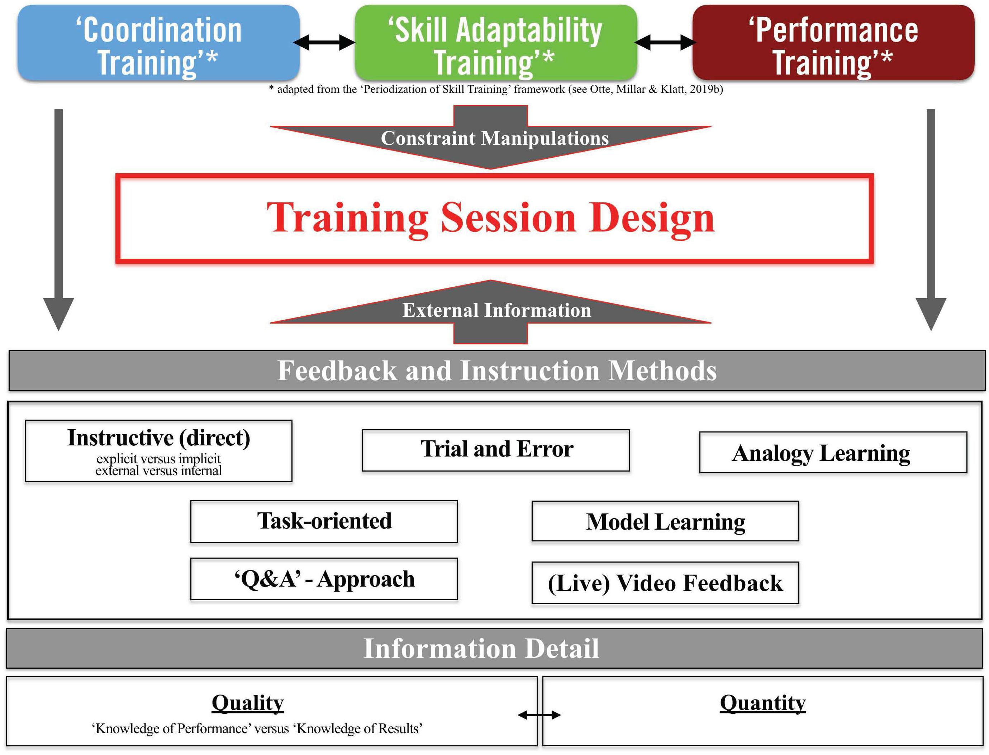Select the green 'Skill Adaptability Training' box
496,43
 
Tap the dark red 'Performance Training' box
833,43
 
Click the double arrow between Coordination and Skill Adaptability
324,43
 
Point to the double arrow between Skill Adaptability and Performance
665,43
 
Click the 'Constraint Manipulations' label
495,138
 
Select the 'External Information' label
497,310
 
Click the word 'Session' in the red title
508,218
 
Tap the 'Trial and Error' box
496,450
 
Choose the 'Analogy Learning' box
833,453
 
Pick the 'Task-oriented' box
324,521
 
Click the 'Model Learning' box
665,521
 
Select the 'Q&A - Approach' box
324,579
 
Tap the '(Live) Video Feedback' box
665,583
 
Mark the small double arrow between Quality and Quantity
539,715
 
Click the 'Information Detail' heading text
481,649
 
